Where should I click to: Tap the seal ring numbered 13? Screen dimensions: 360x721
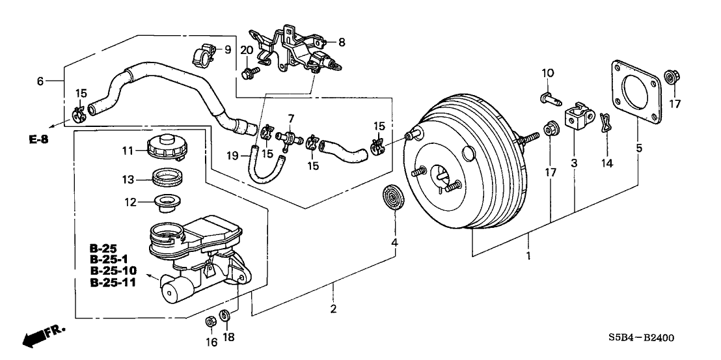pos(167,178)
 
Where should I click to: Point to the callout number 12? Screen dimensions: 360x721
pos(129,202)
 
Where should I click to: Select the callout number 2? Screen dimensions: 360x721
pos(334,309)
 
